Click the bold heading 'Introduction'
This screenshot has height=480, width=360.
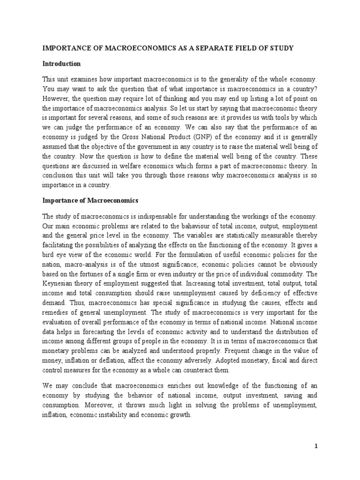(61, 64)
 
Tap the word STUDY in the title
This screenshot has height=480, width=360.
(300, 48)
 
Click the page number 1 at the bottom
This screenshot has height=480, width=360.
(316, 446)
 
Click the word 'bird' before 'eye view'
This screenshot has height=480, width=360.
(50, 255)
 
